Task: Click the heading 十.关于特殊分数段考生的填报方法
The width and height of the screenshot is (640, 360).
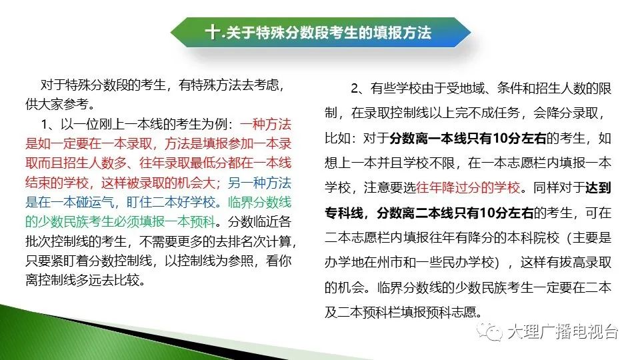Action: coord(318,32)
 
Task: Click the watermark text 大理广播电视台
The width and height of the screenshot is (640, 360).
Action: coord(563,331)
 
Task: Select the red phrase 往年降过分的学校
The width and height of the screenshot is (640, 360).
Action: coord(468,187)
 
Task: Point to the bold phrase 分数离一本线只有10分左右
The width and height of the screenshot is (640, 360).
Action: coord(468,139)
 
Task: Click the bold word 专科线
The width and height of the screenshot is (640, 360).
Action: coord(344,213)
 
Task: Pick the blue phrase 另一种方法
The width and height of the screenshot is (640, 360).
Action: coord(259,183)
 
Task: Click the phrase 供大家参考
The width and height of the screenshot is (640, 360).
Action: coord(57,104)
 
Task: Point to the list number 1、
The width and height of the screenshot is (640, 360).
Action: coord(49,124)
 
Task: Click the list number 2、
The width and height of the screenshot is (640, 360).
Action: coord(359,89)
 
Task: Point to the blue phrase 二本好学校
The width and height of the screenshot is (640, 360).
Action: coord(184,202)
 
